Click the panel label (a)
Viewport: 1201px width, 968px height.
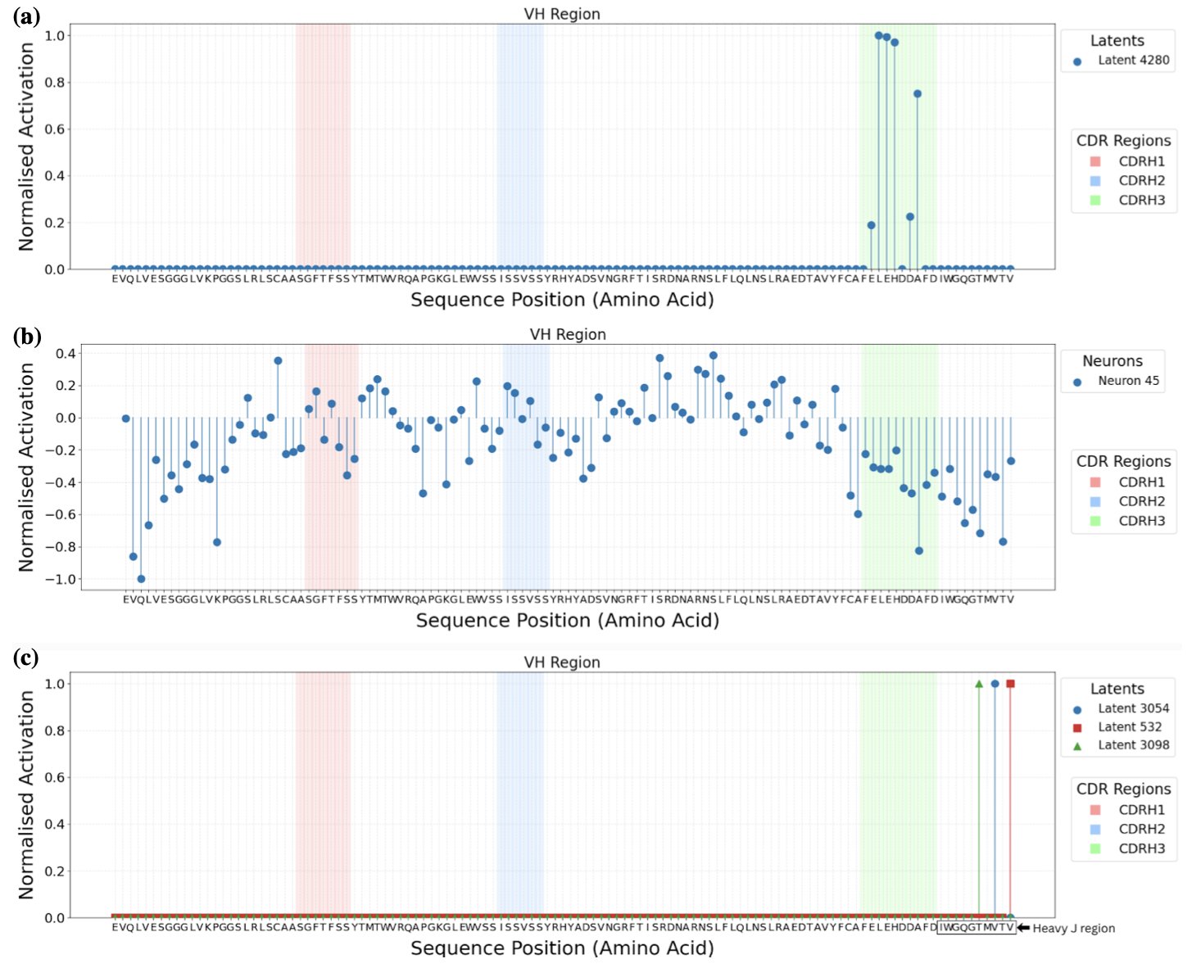[x=26, y=16]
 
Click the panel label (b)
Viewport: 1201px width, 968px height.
[x=27, y=337]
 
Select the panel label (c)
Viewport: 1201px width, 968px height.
[x=26, y=658]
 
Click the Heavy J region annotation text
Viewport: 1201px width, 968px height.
[x=1073, y=929]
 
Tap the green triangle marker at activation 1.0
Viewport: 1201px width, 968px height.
[x=979, y=684]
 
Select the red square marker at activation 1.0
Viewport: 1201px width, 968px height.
[x=1010, y=684]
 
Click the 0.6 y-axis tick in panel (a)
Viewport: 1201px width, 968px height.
[x=55, y=129]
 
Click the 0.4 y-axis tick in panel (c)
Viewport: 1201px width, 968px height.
[x=55, y=825]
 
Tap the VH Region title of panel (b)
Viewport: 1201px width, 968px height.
[x=568, y=335]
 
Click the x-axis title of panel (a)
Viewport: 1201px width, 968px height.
[x=562, y=300]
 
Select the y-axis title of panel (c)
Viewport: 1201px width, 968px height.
[x=27, y=794]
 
